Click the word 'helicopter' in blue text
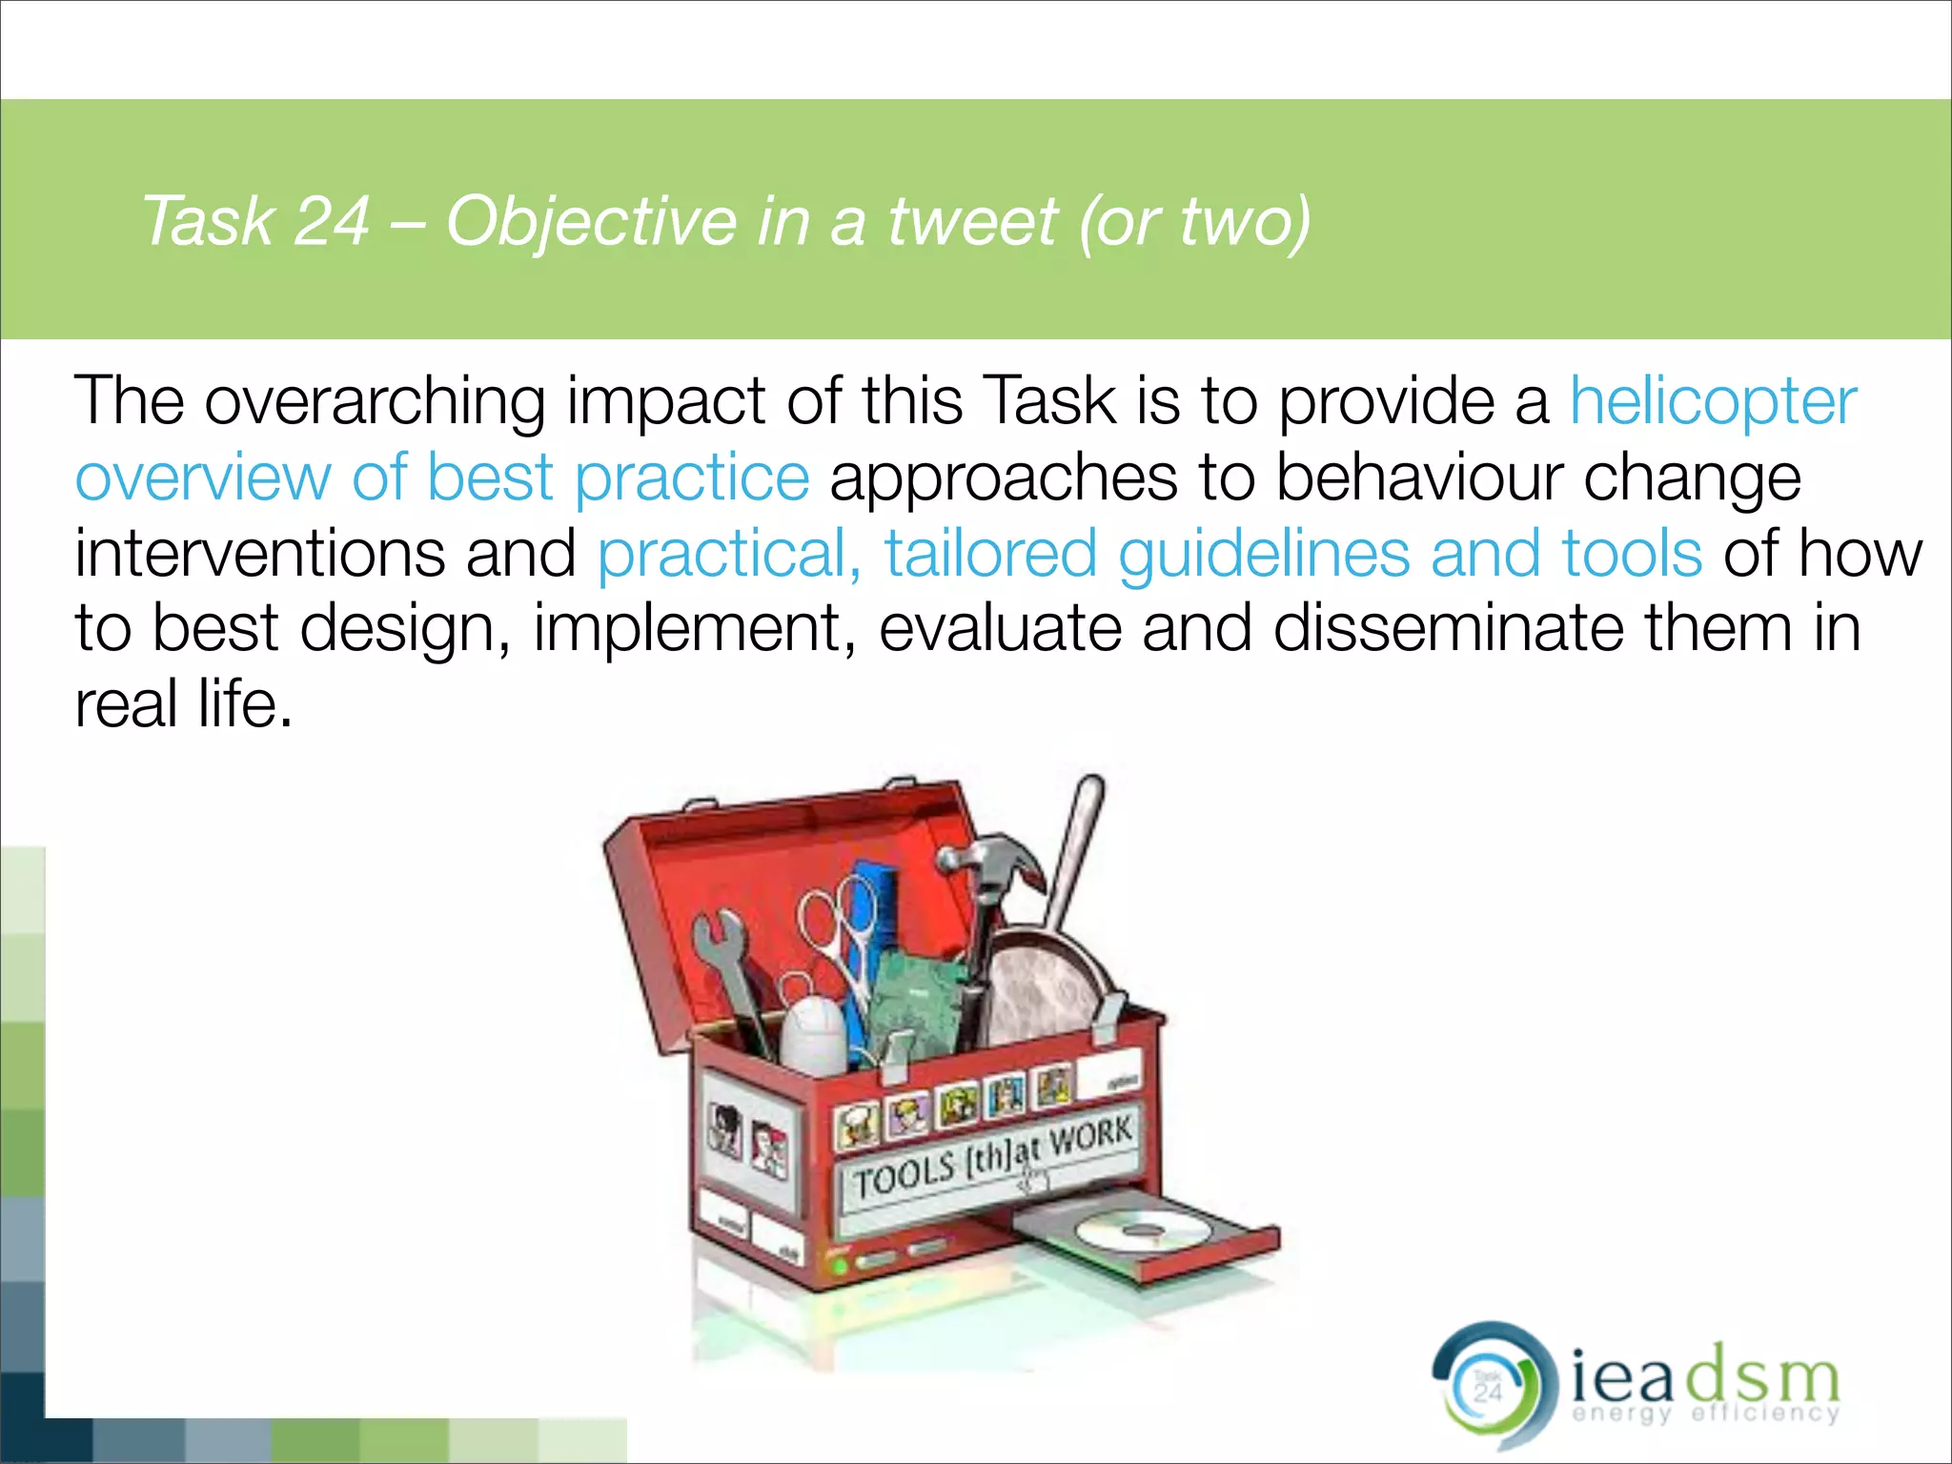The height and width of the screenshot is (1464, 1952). tap(1713, 402)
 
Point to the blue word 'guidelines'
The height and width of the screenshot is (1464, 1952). tap(1263, 554)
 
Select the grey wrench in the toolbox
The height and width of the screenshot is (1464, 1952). tap(729, 972)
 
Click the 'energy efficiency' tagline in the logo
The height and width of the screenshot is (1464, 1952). tap(1705, 1413)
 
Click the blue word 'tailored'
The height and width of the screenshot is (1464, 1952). tap(990, 554)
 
